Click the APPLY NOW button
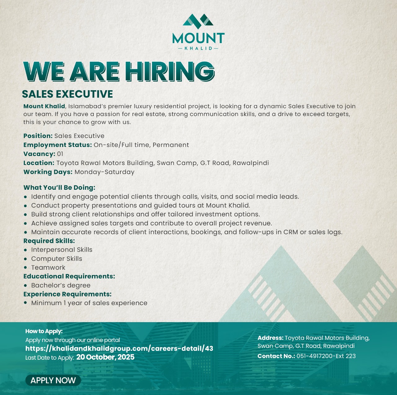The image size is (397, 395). point(53,380)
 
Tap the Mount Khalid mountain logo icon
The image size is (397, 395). point(198,20)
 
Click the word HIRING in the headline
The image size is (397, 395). point(172,72)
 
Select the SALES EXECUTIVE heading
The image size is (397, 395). point(67,94)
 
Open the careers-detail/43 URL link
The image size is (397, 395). point(119,348)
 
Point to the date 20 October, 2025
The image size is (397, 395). point(105,357)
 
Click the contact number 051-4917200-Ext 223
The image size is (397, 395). point(326,356)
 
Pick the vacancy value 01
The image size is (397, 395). point(60,154)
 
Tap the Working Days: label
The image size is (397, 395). point(48,172)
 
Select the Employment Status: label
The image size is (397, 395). point(58,145)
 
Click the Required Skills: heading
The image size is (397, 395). point(49,241)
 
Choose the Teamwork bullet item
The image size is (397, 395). point(48,268)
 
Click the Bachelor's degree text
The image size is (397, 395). point(61,285)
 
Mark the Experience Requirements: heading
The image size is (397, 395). point(67,294)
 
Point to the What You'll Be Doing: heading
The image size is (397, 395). point(59,188)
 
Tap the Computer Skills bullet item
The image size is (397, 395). point(57,259)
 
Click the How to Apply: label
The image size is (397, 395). point(44,331)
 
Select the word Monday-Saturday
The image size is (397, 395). point(105,172)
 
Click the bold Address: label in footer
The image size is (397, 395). point(270,338)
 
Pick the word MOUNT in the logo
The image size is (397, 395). point(198,38)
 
